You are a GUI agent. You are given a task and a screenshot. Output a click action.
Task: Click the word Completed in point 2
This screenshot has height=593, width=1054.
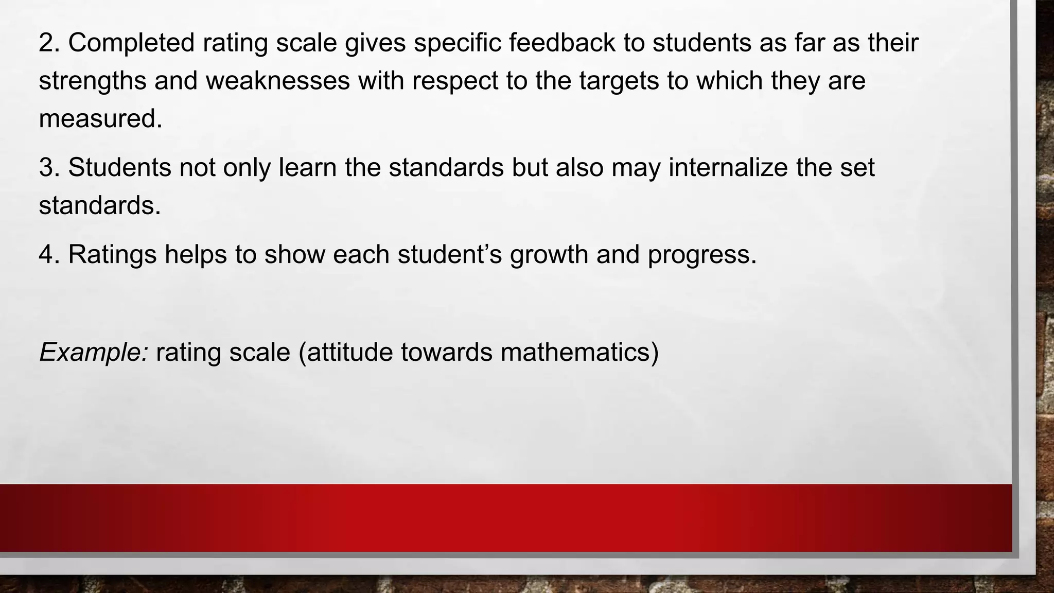click(131, 42)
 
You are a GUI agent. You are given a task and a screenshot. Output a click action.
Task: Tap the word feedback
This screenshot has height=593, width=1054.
click(562, 42)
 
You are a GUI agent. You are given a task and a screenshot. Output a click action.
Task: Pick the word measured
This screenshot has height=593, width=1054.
click(100, 119)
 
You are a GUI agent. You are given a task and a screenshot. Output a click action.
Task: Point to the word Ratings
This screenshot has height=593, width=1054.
click(112, 254)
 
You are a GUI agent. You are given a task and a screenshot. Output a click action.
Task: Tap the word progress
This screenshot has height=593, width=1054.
click(702, 254)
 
